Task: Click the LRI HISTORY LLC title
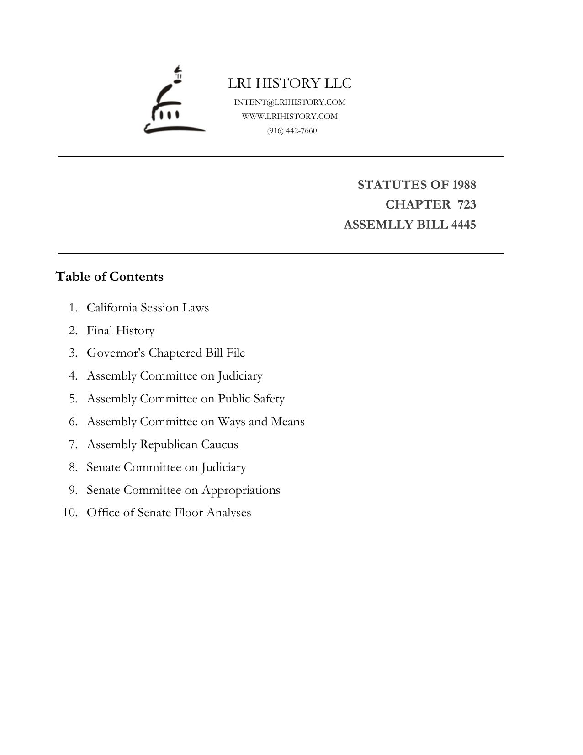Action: click(x=290, y=83)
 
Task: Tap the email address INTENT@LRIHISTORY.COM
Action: click(x=290, y=102)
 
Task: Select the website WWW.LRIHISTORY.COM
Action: click(x=290, y=116)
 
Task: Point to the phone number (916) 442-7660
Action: click(x=292, y=130)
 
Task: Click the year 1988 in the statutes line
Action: click(x=464, y=185)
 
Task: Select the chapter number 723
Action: click(x=466, y=204)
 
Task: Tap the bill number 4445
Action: click(x=463, y=225)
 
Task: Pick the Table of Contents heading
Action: click(x=109, y=277)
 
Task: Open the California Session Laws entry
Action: click(x=148, y=307)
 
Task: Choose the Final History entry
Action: click(x=121, y=330)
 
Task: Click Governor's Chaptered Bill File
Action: click(x=166, y=353)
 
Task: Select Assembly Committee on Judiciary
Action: click(x=175, y=376)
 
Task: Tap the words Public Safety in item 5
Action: click(x=251, y=399)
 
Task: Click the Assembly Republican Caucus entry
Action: click(x=162, y=444)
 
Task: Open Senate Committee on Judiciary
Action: click(x=166, y=467)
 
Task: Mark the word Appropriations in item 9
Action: click(x=241, y=490)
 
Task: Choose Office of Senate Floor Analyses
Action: click(x=169, y=512)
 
